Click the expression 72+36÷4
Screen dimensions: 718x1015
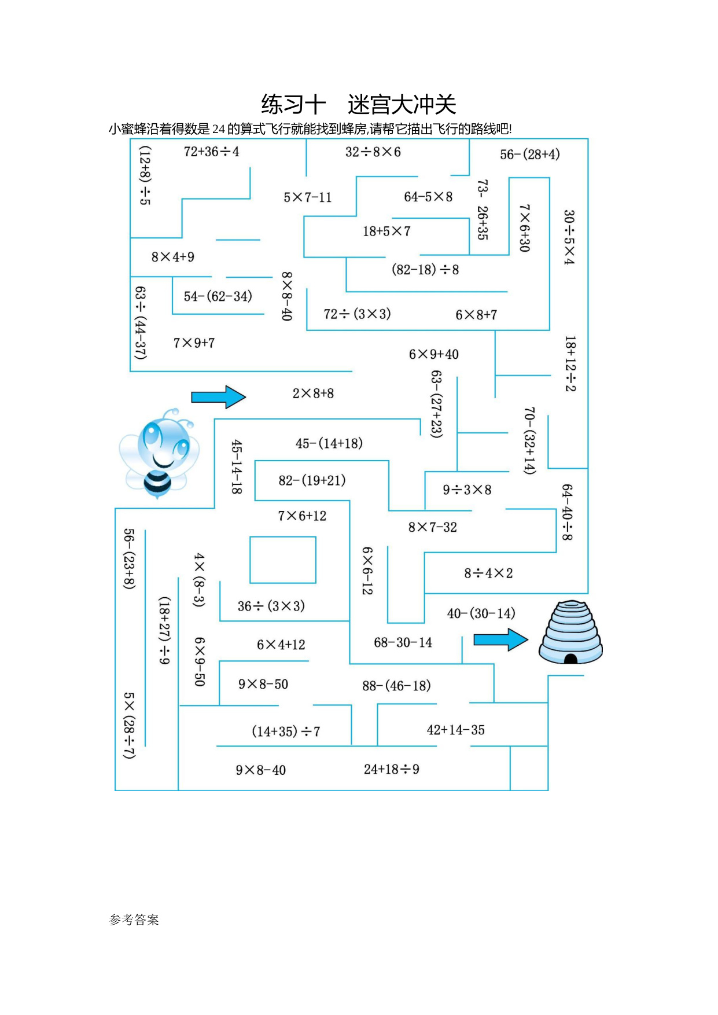(211, 152)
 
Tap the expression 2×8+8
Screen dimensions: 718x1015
(313, 394)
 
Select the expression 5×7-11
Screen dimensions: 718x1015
(308, 197)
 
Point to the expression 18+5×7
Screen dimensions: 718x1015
(386, 231)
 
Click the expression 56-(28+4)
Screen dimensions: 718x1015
(530, 155)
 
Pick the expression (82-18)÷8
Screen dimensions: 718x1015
(425, 270)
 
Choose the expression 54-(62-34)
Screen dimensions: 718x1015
(218, 296)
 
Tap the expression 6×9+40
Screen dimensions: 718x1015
(434, 354)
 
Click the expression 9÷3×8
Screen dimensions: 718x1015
(467, 490)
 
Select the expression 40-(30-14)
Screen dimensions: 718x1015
(481, 613)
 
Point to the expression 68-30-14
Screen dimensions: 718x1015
(403, 642)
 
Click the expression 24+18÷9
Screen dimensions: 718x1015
(392, 769)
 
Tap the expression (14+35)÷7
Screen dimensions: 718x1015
(286, 731)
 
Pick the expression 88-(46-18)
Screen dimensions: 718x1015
(396, 686)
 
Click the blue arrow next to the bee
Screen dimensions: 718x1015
(219, 397)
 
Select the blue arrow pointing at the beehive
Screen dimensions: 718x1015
(501, 639)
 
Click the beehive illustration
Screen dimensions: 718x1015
(570, 632)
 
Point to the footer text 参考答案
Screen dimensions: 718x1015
(134, 920)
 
